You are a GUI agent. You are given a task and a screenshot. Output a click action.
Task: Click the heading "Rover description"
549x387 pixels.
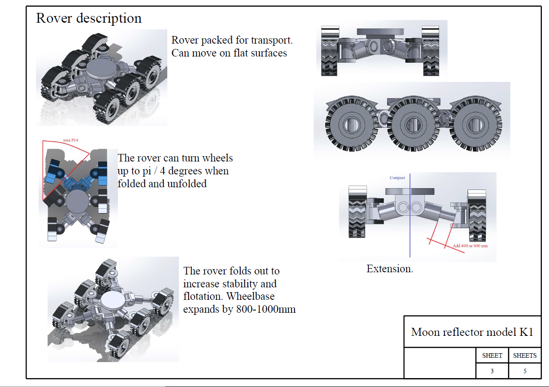pyautogui.click(x=89, y=18)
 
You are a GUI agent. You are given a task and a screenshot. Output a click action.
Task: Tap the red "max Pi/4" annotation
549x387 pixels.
pyautogui.click(x=71, y=140)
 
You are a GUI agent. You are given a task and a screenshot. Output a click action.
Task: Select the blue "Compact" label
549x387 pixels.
pyautogui.click(x=397, y=177)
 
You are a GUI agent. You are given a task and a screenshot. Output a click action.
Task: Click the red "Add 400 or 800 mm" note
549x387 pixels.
pyautogui.click(x=470, y=246)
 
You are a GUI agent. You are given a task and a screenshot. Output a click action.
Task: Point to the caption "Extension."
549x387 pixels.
pyautogui.click(x=390, y=269)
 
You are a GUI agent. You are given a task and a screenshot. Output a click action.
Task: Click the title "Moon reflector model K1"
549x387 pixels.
pyautogui.click(x=472, y=332)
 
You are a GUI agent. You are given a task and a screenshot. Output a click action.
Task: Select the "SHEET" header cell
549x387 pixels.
pyautogui.click(x=492, y=355)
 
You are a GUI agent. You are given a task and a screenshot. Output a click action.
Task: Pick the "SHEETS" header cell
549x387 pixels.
pyautogui.click(x=525, y=355)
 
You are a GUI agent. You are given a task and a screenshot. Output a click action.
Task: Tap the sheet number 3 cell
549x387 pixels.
pyautogui.click(x=492, y=371)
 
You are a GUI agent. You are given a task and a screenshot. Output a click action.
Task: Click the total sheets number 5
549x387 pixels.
pyautogui.click(x=525, y=371)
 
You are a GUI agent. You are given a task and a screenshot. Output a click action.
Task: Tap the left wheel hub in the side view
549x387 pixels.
pyautogui.click(x=352, y=125)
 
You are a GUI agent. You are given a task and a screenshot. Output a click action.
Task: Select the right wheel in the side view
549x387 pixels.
pyautogui.click(x=476, y=124)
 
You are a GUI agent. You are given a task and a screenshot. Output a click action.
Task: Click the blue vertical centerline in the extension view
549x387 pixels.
pyautogui.click(x=410, y=215)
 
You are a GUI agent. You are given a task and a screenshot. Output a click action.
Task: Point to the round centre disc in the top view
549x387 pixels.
pyautogui.click(x=77, y=202)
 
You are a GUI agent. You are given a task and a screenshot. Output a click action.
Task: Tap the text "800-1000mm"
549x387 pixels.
pyautogui.click(x=266, y=309)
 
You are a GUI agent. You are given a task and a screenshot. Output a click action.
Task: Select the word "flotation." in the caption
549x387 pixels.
pyautogui.click(x=203, y=296)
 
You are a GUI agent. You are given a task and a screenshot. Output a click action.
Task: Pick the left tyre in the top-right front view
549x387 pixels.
pyautogui.click(x=330, y=51)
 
